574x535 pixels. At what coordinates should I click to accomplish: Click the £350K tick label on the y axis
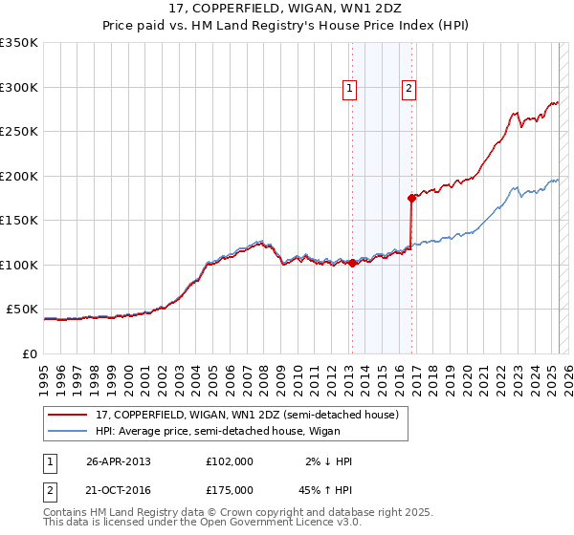pyautogui.click(x=19, y=43)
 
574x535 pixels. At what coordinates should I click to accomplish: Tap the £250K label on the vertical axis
pyautogui.click(x=19, y=132)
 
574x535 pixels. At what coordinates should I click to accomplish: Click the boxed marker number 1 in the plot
pyautogui.click(x=350, y=89)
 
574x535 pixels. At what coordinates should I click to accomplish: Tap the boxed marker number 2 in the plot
pyautogui.click(x=408, y=89)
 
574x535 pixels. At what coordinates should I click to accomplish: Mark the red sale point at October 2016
pyautogui.click(x=411, y=199)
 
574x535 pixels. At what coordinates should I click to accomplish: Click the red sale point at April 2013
pyautogui.click(x=352, y=264)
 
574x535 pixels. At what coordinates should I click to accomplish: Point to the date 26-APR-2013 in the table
pyautogui.click(x=119, y=461)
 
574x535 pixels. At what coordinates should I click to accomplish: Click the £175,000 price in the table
pyautogui.click(x=230, y=489)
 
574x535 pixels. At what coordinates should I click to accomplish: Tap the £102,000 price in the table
pyautogui.click(x=230, y=461)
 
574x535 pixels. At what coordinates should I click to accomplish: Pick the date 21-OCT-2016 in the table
pyautogui.click(x=119, y=489)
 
